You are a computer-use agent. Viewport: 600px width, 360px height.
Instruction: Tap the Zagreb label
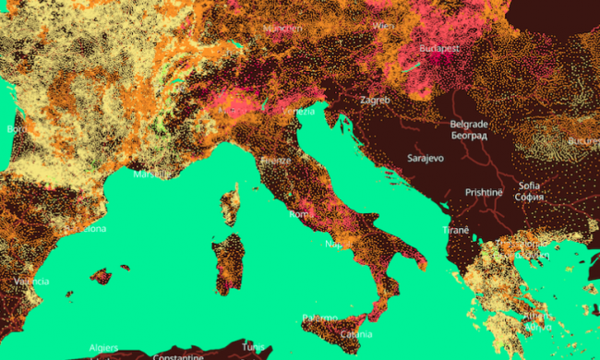click(x=374, y=100)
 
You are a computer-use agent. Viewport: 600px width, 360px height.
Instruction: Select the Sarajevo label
click(x=426, y=158)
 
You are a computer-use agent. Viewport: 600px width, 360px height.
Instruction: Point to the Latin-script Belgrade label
click(x=469, y=124)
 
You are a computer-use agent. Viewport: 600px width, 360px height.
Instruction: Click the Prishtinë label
click(x=484, y=192)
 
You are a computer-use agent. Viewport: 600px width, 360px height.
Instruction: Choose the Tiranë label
click(x=455, y=229)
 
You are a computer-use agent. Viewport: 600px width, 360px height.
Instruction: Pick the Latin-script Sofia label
click(x=529, y=185)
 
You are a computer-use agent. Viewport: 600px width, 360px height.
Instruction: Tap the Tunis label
click(x=253, y=346)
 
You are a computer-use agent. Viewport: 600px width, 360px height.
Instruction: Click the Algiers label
click(x=102, y=347)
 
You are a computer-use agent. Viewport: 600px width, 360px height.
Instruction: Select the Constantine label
click(x=177, y=356)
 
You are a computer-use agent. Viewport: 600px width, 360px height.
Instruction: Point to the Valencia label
click(x=30, y=282)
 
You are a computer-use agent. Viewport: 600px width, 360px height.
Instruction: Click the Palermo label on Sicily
click(x=319, y=318)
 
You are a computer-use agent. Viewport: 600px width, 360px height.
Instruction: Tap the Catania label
click(x=356, y=333)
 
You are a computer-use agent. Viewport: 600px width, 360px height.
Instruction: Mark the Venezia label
click(x=297, y=112)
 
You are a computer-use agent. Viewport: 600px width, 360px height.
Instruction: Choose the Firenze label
click(x=275, y=160)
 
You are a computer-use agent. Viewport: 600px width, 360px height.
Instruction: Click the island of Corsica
click(x=231, y=203)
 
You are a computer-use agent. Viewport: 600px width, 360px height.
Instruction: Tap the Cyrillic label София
click(x=530, y=197)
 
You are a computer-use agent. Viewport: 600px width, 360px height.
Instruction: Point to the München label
click(x=282, y=29)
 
